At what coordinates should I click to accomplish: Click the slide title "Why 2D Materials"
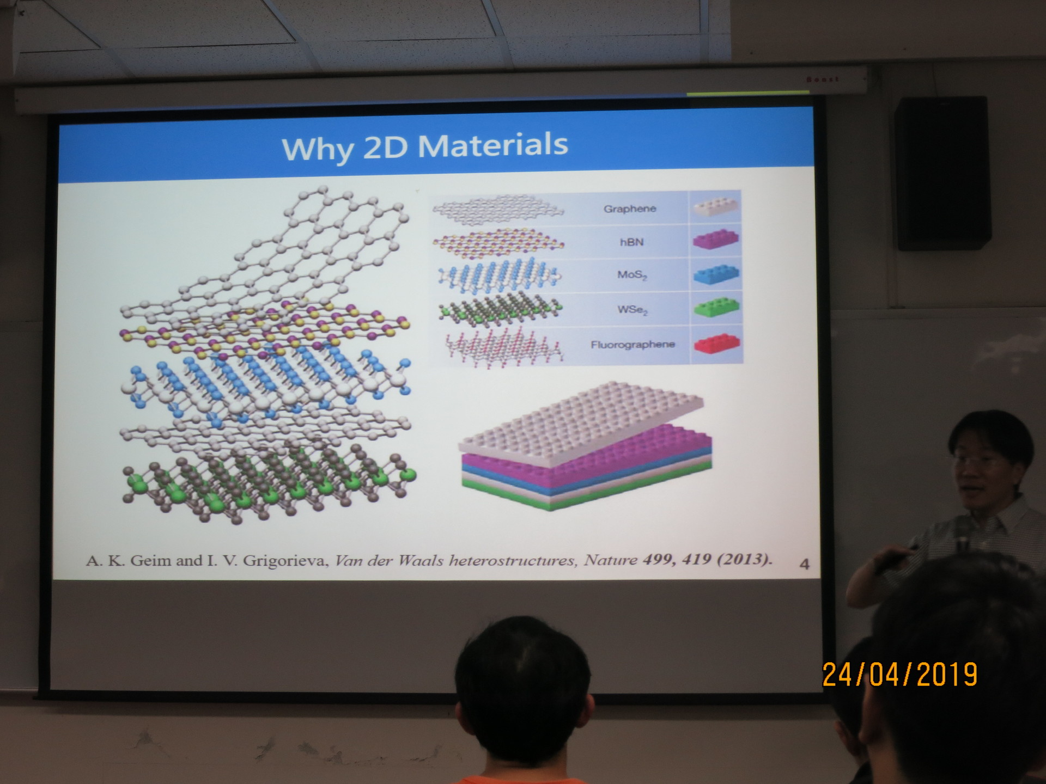click(425, 146)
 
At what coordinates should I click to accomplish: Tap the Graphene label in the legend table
click(630, 209)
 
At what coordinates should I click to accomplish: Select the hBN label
click(632, 242)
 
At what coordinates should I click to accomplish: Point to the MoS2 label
click(632, 275)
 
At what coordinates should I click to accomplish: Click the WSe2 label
click(633, 310)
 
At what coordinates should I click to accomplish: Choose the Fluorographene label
click(633, 344)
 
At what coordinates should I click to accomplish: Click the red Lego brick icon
click(717, 344)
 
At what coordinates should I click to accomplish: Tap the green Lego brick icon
click(717, 308)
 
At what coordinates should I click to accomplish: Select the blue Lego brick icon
click(717, 274)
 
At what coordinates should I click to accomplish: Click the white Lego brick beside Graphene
click(717, 207)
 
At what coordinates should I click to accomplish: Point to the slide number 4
click(804, 564)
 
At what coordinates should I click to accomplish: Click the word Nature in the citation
click(610, 560)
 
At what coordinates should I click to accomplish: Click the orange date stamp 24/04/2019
click(900, 675)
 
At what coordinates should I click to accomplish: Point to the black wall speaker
click(942, 173)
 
